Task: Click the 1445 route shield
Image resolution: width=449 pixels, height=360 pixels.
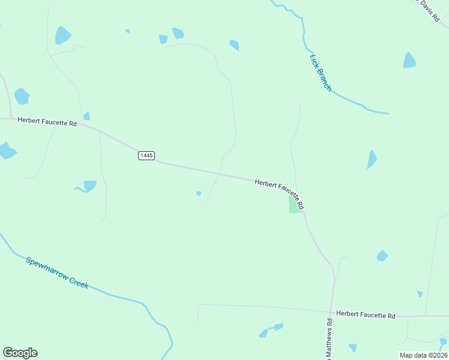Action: point(146,155)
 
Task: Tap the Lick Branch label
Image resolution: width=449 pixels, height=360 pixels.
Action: point(320,73)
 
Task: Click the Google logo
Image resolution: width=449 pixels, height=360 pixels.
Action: point(20,353)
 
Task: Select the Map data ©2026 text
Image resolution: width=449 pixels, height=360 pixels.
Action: point(423,355)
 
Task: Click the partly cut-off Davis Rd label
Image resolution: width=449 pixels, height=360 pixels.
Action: point(429,10)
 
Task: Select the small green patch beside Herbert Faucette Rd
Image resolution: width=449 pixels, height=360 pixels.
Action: point(295,206)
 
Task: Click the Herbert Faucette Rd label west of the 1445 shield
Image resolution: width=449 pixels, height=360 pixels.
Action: point(47,121)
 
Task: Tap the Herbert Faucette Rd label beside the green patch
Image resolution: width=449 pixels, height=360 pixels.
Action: point(280,191)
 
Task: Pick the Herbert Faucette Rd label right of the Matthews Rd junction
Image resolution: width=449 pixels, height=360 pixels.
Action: point(366,314)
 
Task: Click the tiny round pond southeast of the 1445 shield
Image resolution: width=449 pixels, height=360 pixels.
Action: point(199,193)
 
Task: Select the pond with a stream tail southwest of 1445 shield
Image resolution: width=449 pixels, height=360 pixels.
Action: point(89,185)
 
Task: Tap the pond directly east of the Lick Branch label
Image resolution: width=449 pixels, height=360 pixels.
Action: point(409,61)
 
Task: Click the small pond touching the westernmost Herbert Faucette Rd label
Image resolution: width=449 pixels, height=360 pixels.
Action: point(86,116)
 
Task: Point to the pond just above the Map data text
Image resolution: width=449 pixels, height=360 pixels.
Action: point(443,342)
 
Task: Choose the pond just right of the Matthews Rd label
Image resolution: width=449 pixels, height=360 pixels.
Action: point(352,347)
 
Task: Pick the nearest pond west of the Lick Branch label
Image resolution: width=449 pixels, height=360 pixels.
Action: point(234,45)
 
